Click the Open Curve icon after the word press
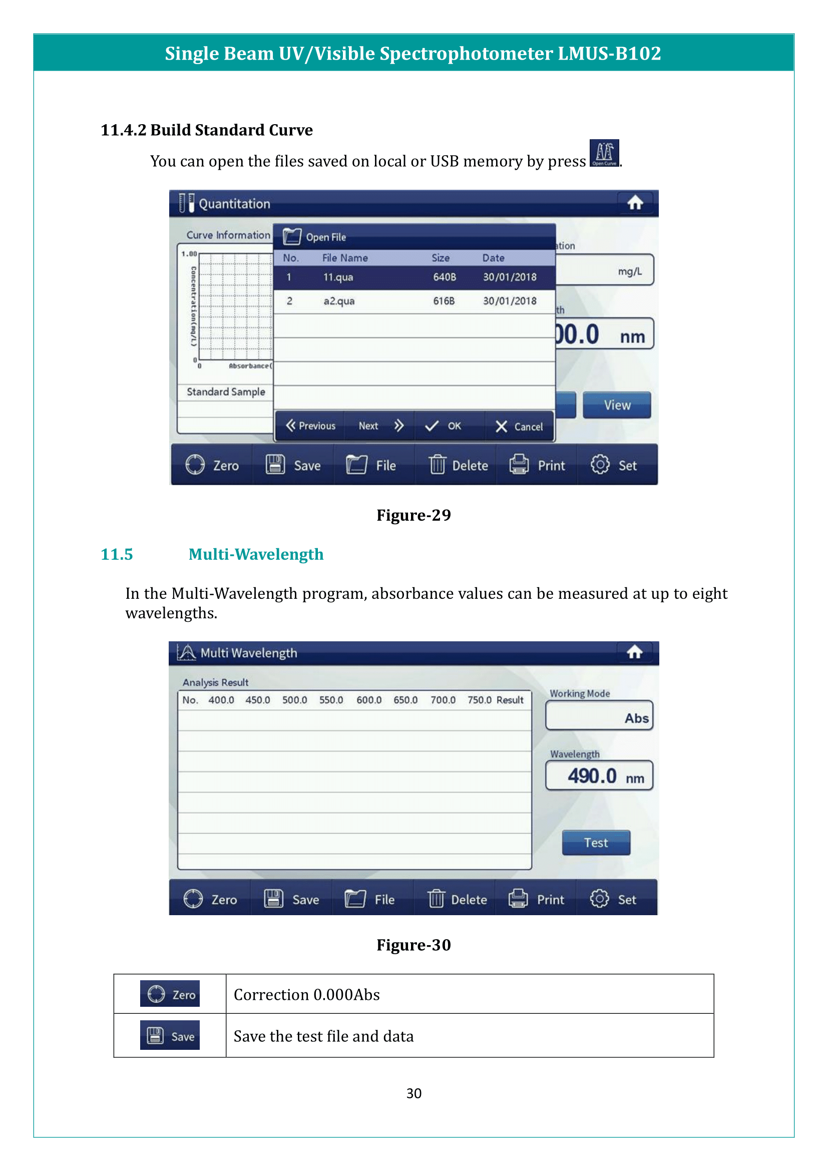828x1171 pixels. (604, 153)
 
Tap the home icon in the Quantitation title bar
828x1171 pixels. (635, 203)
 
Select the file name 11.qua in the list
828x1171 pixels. (338, 277)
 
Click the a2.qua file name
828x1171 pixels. (339, 301)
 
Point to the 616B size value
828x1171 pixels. (444, 301)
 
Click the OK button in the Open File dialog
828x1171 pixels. (444, 426)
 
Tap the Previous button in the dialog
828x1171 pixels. (310, 426)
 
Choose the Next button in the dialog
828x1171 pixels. (380, 426)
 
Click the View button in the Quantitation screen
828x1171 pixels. (617, 405)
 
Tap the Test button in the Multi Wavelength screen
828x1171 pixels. (596, 843)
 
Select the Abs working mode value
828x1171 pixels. (636, 718)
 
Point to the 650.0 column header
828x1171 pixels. (405, 700)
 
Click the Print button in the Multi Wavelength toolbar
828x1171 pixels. (536, 899)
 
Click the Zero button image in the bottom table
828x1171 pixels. (170, 994)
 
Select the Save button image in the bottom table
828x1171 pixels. (170, 1035)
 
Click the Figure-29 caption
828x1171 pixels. (413, 515)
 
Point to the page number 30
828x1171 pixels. (413, 1093)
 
